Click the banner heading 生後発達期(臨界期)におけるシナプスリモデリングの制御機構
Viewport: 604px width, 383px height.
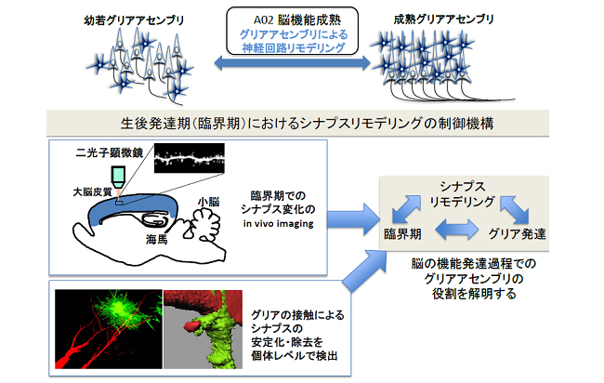click(302, 122)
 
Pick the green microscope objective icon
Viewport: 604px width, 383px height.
click(118, 175)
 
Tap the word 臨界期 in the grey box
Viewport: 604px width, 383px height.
click(405, 233)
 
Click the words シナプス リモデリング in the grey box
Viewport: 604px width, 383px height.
click(463, 192)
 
